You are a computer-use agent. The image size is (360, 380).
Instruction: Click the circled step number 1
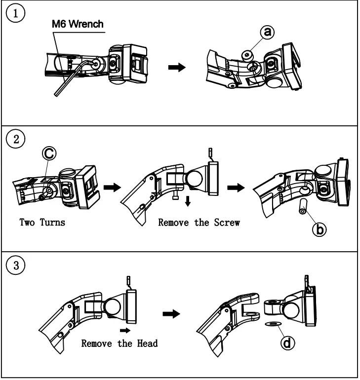pyautogui.click(x=15, y=13)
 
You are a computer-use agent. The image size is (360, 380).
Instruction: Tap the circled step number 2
pyautogui.click(x=15, y=139)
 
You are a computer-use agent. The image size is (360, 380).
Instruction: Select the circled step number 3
pyautogui.click(x=15, y=265)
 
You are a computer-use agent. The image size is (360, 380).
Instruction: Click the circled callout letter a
pyautogui.click(x=267, y=32)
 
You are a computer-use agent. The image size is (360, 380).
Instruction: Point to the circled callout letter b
pyautogui.click(x=320, y=229)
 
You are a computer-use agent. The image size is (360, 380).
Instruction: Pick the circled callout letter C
pyautogui.click(x=49, y=153)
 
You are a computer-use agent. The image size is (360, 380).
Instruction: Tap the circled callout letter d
pyautogui.click(x=287, y=343)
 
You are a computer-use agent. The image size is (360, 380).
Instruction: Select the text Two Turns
pyautogui.click(x=42, y=222)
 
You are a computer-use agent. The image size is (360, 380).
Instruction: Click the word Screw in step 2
pyautogui.click(x=227, y=223)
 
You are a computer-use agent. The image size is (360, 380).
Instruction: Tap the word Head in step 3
pyautogui.click(x=147, y=343)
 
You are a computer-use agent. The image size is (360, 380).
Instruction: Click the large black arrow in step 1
pyautogui.click(x=177, y=67)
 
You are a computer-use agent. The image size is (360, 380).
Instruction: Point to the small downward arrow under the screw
pyautogui.click(x=187, y=201)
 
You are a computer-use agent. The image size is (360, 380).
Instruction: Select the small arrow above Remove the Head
pyautogui.click(x=125, y=330)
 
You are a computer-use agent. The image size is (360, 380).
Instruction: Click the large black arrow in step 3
pyautogui.click(x=171, y=314)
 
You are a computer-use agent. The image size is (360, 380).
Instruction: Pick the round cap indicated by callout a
pyautogui.click(x=247, y=55)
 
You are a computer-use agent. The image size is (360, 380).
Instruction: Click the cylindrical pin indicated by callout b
pyautogui.click(x=303, y=206)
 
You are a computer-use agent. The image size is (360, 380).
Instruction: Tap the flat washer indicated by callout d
pyautogui.click(x=273, y=324)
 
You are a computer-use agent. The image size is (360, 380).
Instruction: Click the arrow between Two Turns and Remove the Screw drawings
pyautogui.click(x=112, y=188)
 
